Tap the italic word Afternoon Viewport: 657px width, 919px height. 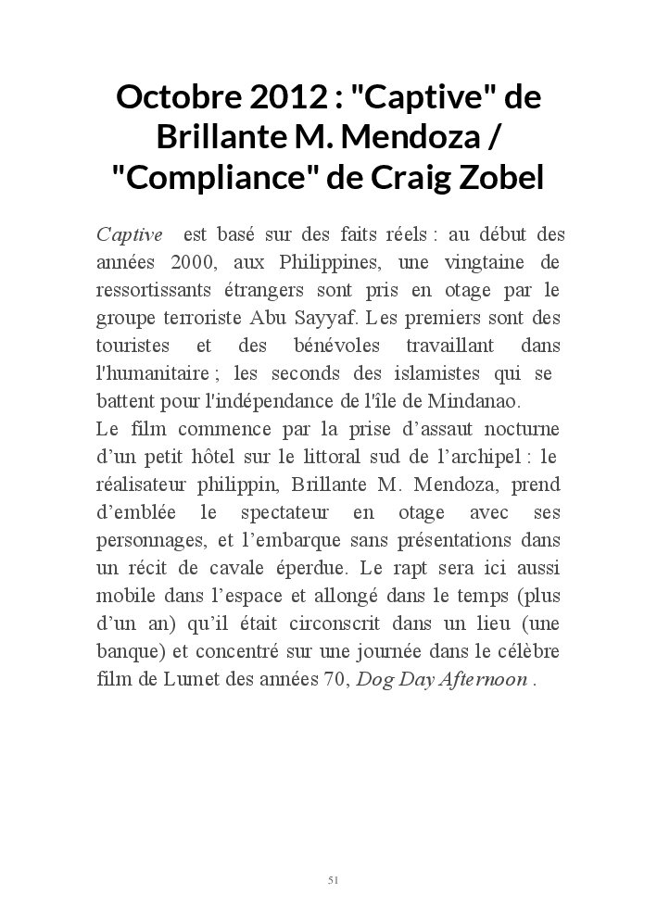click(x=482, y=679)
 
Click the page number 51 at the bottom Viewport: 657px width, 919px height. click(x=333, y=879)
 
